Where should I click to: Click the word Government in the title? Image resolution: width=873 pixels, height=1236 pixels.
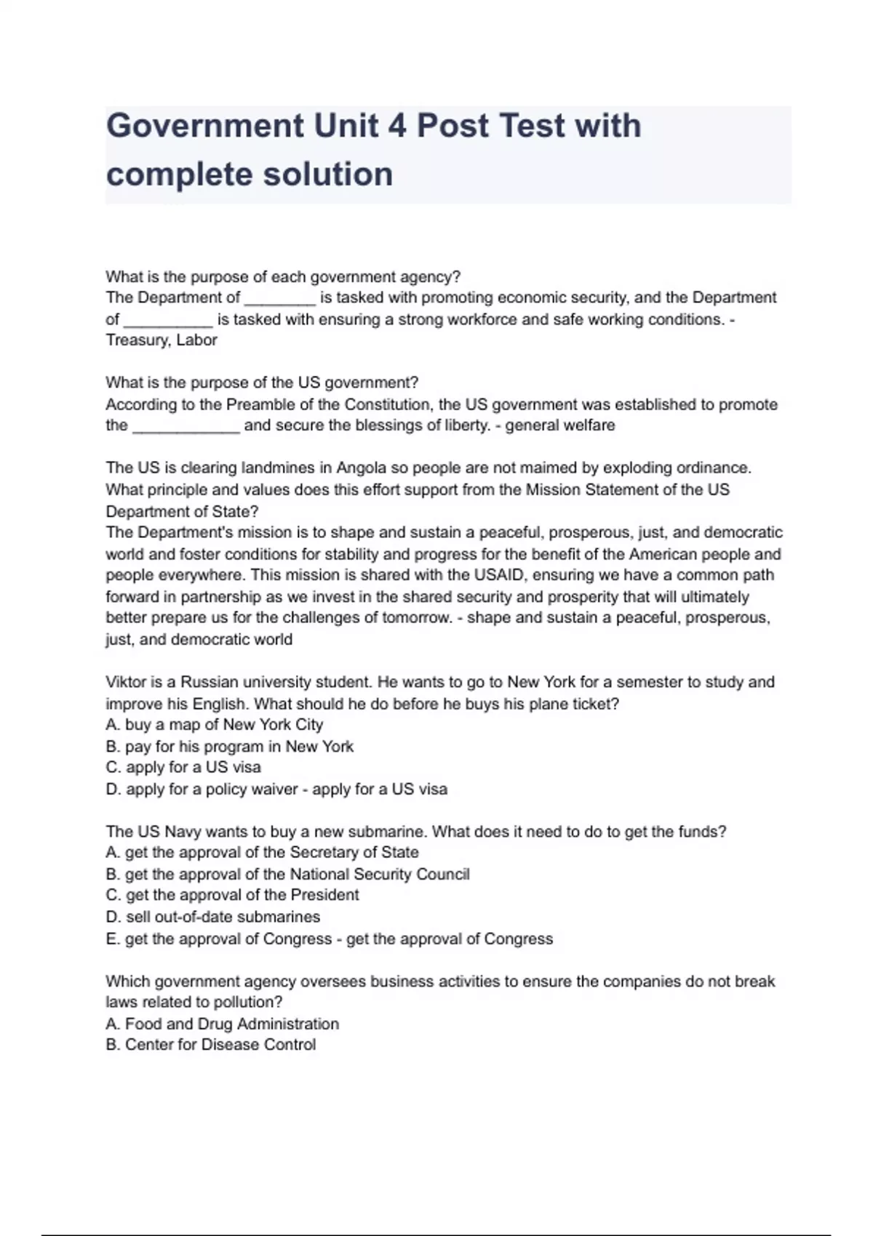204,126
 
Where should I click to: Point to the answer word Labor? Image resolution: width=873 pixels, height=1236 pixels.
197,340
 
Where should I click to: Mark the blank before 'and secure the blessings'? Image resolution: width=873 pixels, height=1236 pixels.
186,426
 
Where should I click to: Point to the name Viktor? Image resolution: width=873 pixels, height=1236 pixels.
126,682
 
